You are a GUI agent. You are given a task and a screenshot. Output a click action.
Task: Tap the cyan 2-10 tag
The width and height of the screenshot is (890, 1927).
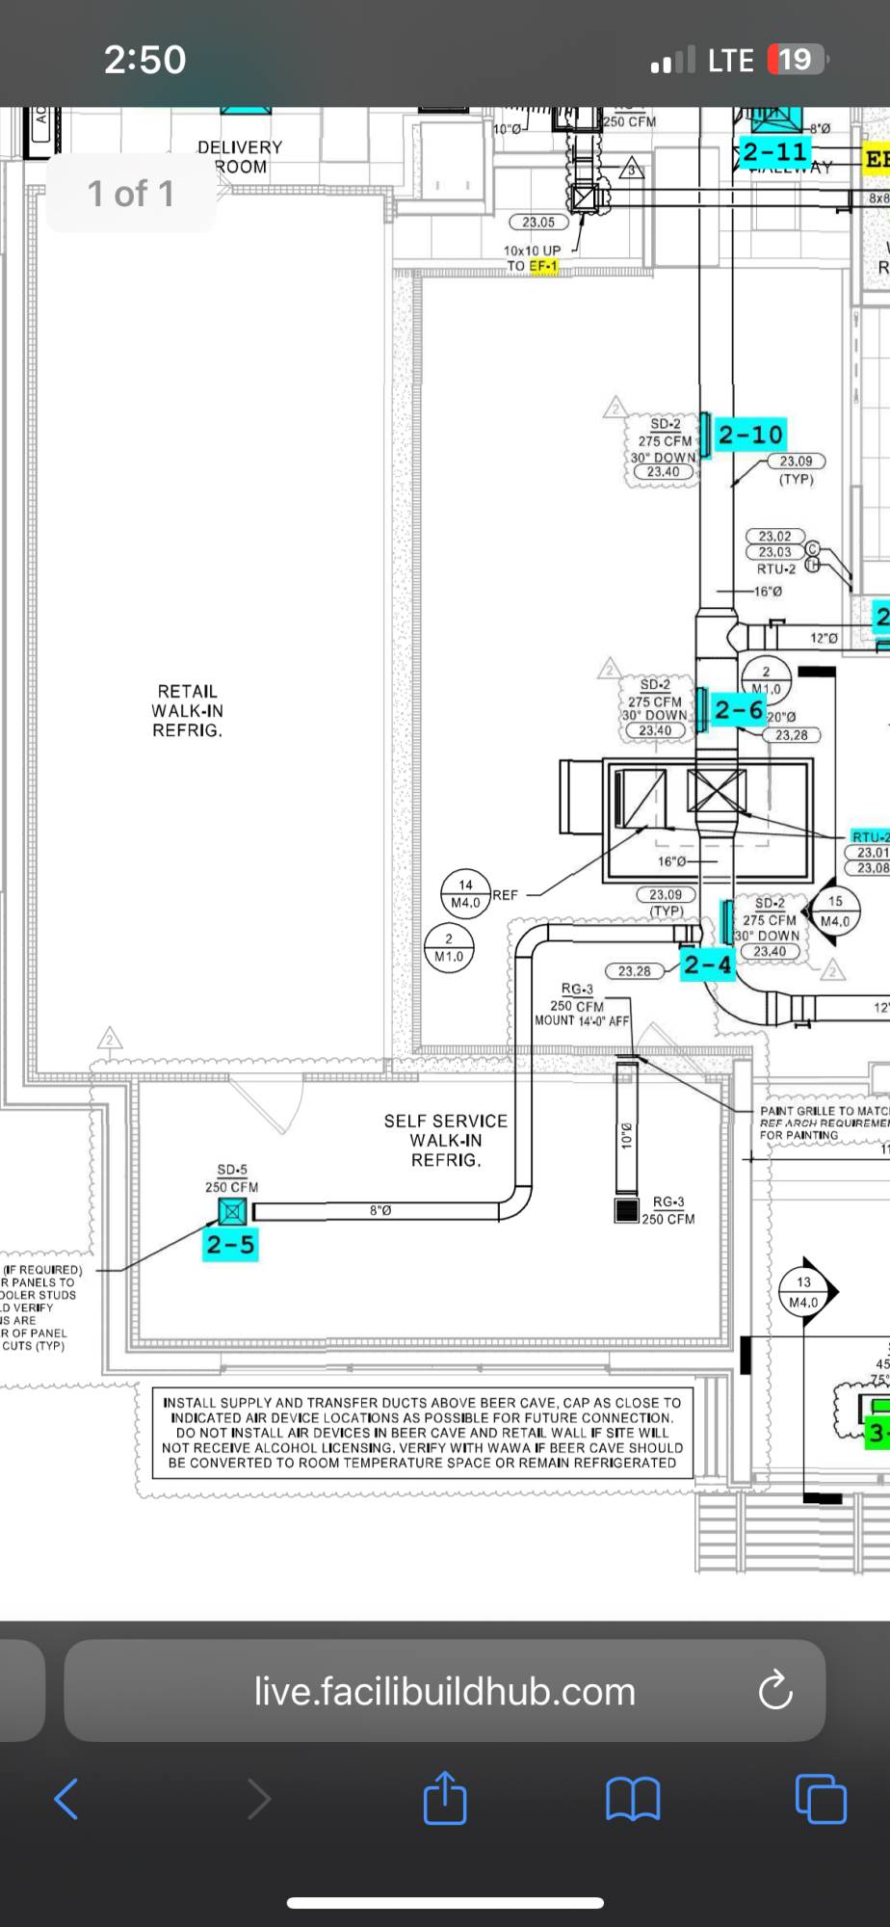[x=750, y=435]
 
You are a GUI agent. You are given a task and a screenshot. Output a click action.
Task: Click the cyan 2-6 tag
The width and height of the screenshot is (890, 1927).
[x=739, y=710]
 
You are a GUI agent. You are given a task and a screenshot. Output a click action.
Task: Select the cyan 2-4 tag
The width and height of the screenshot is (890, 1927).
[x=708, y=964]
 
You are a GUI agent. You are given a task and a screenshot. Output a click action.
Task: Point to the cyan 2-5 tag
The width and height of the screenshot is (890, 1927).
[x=230, y=1245]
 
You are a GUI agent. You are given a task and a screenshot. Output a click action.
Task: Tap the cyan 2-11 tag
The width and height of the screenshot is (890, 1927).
[x=774, y=152]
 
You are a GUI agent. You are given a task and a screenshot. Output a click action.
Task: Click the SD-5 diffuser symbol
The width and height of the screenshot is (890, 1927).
[x=232, y=1211]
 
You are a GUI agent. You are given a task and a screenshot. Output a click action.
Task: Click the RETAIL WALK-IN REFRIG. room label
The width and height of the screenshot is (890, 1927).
[x=188, y=711]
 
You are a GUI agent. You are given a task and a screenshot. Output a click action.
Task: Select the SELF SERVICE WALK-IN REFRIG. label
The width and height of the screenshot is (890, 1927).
[x=445, y=1140]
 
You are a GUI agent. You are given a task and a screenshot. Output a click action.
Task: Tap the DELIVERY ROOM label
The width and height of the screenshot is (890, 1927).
[x=240, y=156]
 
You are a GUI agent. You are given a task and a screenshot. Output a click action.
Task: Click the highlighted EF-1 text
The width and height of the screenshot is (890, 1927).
[x=543, y=266]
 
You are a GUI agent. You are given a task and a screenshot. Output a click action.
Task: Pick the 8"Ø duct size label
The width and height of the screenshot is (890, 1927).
[x=380, y=1209]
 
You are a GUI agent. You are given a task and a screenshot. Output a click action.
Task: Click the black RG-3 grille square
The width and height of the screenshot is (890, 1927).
[x=626, y=1210]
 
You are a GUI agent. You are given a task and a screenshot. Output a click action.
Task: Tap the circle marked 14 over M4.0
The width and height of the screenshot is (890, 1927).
[x=466, y=893]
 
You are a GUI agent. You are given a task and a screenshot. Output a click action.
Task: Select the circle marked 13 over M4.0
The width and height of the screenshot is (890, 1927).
[x=804, y=1291]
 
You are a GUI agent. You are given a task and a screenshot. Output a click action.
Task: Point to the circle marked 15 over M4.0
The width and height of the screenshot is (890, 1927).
[x=835, y=911]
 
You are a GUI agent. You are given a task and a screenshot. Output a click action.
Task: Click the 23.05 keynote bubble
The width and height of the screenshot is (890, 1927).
[x=538, y=223]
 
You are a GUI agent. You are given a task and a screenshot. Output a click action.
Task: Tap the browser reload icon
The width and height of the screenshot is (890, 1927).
[x=775, y=1691]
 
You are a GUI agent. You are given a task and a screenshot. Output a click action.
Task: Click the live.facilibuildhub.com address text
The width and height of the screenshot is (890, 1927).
[x=444, y=1691]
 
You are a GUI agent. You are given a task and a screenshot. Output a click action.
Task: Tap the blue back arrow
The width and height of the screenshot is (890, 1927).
[x=65, y=1799]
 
